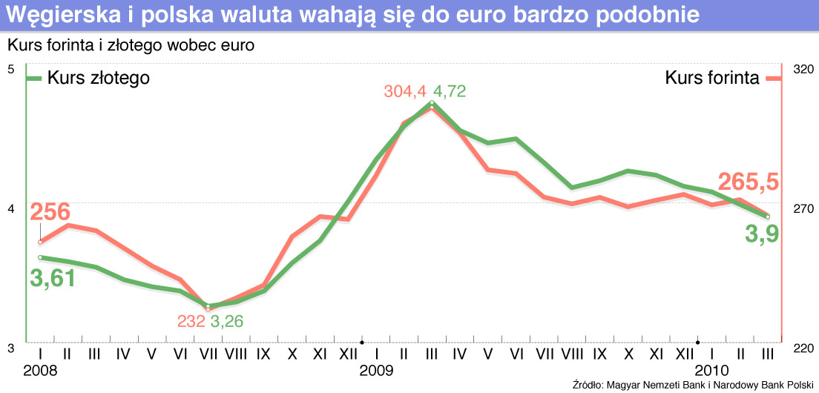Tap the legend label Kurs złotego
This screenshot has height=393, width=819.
point(99,78)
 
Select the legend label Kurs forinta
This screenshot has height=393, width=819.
point(711,78)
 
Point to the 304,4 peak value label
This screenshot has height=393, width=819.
point(405,92)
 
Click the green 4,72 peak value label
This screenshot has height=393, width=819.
point(450,92)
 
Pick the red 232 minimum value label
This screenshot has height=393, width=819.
point(191,321)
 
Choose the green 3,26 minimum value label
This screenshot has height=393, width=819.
point(227,321)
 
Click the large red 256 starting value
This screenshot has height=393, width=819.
point(50,213)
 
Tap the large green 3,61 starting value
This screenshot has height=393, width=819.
point(53,279)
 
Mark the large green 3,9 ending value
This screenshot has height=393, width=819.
point(761,236)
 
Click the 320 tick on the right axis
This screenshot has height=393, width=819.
point(803,69)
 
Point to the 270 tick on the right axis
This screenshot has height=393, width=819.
point(803,209)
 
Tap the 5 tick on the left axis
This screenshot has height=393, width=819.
point(10,69)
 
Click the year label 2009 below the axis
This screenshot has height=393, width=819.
point(375,369)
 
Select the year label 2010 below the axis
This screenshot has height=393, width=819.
point(710,369)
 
